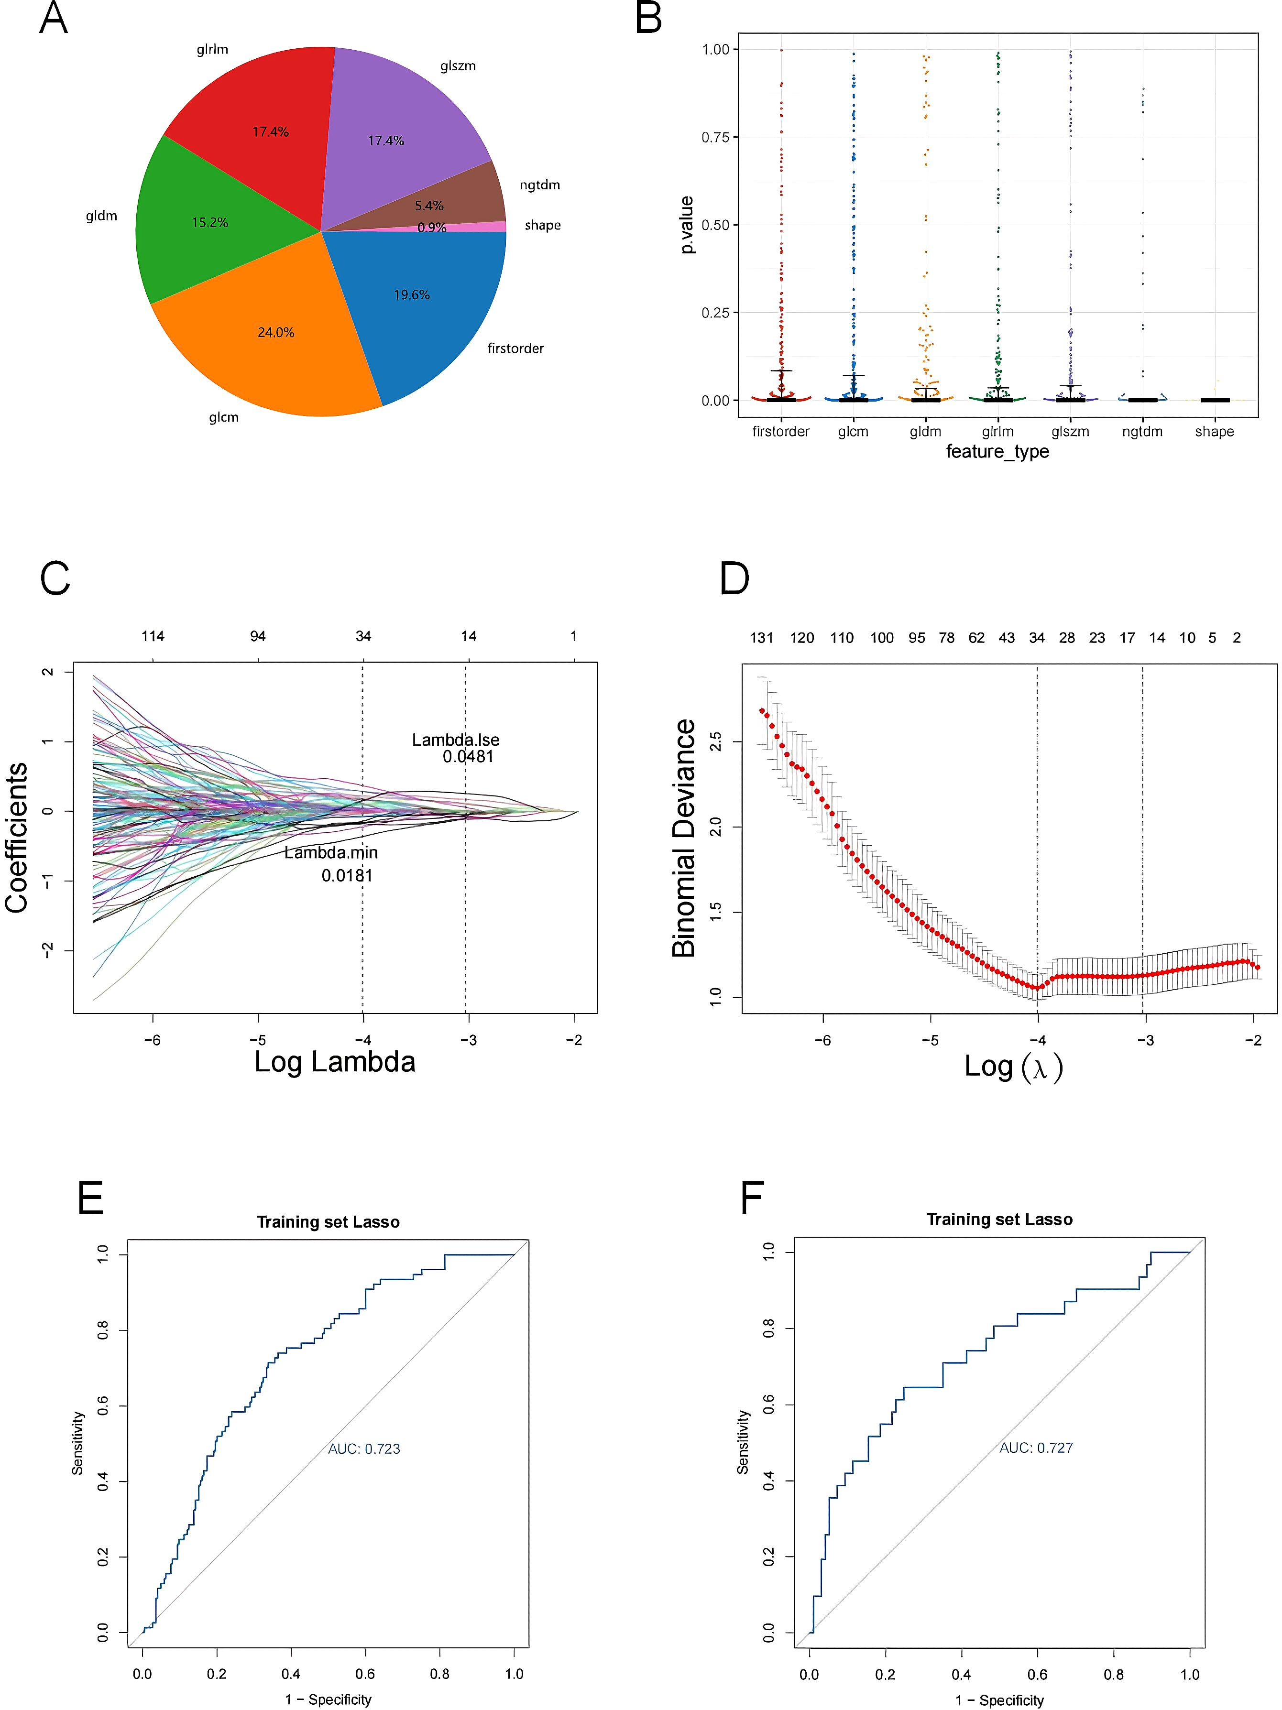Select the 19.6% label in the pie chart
[411, 294]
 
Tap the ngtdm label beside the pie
[539, 185]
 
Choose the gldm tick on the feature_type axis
[925, 431]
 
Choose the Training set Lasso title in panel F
[999, 1219]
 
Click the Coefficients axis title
[17, 837]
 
